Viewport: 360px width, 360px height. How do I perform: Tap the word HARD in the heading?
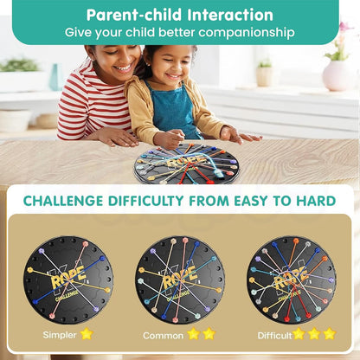point(313,201)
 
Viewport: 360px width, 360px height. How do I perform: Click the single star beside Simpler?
point(86,333)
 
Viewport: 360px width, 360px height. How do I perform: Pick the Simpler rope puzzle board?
point(69,279)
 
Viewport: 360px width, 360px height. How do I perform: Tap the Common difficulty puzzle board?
point(180,279)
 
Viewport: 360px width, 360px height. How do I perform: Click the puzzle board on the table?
point(187,162)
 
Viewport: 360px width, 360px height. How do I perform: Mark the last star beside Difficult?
point(329,333)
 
